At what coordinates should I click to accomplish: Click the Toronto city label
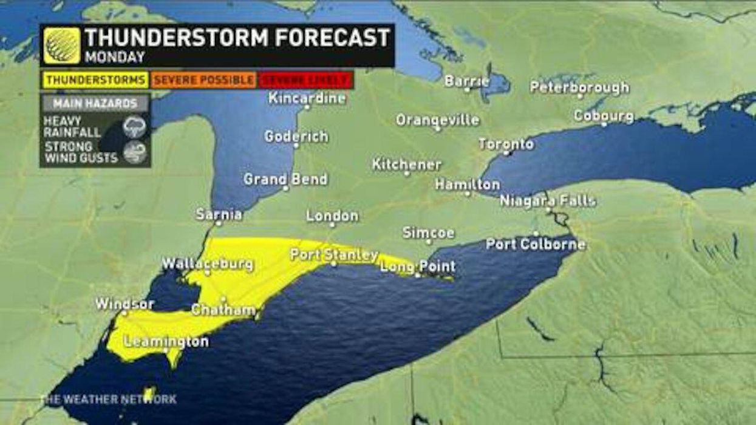(506, 144)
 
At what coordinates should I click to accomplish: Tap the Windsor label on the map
(124, 304)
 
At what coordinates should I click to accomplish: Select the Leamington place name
(166, 342)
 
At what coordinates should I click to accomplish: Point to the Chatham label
(223, 310)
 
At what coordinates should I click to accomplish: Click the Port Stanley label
(334, 255)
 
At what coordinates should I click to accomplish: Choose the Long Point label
(418, 267)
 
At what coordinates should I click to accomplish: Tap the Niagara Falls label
(548, 201)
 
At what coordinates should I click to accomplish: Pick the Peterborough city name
(579, 87)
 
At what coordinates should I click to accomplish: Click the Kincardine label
(307, 98)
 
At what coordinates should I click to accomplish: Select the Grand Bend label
(285, 179)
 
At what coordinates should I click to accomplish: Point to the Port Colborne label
(536, 244)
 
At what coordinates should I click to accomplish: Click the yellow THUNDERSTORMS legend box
(95, 80)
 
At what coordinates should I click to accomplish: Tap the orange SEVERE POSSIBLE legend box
(203, 80)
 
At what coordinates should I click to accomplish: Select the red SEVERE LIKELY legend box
(305, 80)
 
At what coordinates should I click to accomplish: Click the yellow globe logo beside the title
(62, 46)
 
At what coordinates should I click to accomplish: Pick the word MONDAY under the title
(115, 58)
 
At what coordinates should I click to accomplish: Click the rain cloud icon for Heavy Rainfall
(134, 127)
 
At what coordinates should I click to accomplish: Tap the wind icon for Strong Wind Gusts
(134, 152)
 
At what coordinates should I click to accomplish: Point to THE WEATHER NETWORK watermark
(108, 399)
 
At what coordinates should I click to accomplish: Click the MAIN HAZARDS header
(95, 103)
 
